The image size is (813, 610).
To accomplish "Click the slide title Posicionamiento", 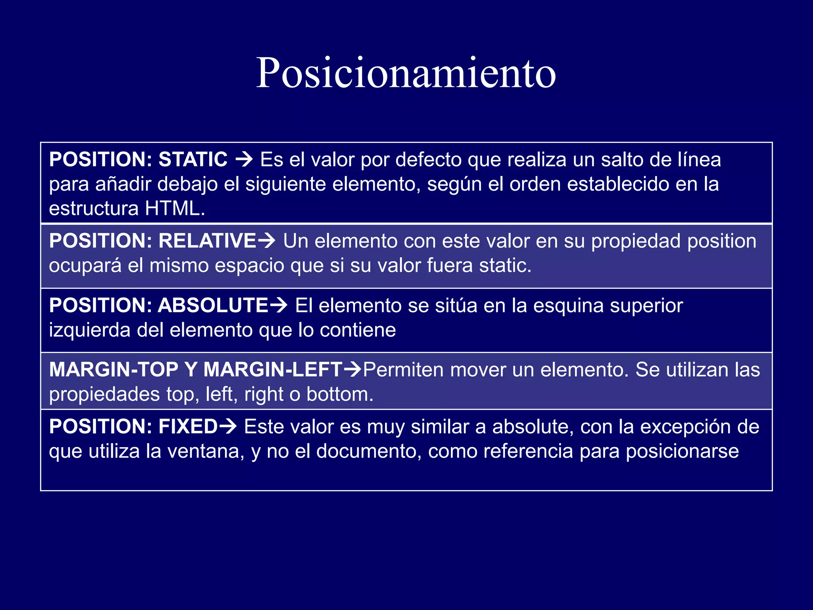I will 406,73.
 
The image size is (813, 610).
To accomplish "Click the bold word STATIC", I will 193,160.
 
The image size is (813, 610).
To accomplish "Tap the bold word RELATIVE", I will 207,241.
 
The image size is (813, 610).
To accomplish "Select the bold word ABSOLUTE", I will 214,305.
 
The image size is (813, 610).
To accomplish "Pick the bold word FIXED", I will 188,427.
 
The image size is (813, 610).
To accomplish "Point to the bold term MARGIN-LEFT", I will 273,370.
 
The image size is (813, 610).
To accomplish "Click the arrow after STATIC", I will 244,160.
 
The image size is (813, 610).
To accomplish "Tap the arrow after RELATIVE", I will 267,241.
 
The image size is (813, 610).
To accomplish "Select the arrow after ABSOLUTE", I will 279,306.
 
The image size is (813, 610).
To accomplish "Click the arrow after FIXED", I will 228,427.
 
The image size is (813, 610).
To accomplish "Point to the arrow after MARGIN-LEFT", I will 353,370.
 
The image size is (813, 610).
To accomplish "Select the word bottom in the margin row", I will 339,394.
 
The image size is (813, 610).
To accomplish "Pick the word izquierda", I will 90,330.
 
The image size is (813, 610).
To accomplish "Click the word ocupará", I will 85,266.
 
